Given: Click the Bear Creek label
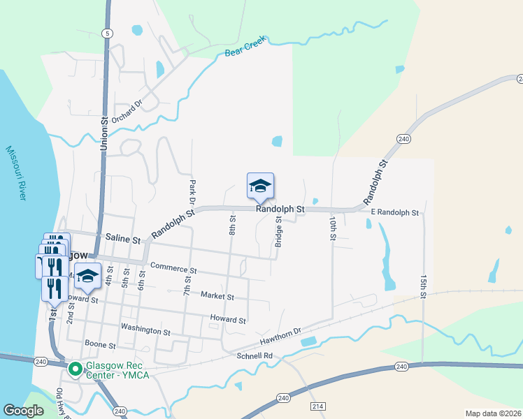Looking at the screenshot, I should tap(245, 47).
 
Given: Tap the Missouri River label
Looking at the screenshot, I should tap(16, 173).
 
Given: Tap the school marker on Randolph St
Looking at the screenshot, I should tap(260, 186).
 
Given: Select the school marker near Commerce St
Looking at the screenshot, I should tap(88, 276).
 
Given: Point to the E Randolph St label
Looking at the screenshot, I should tap(395, 212).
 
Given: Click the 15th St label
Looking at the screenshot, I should tap(424, 287).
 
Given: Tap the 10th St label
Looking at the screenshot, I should tap(333, 228).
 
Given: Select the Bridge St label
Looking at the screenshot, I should tap(278, 231).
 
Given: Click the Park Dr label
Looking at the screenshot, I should tap(192, 191).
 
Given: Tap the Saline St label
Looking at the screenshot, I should tap(122, 239).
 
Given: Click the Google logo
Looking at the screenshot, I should tap(23, 410).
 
